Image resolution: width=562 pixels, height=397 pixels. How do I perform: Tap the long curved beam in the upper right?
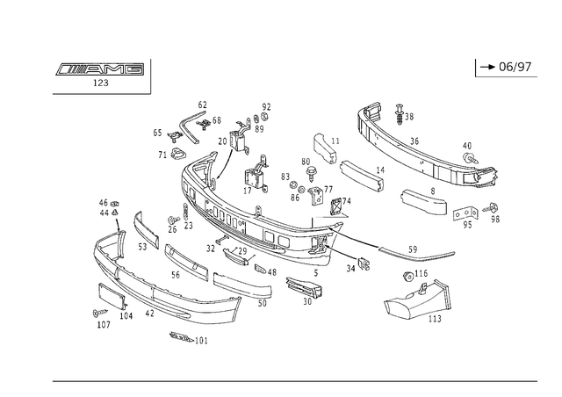tap(421, 149)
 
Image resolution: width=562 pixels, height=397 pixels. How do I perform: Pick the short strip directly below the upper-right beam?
tap(421, 203)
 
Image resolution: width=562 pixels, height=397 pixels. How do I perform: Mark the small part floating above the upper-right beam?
tap(402, 112)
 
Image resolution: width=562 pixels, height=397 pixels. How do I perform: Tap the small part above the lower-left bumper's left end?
tap(110, 209)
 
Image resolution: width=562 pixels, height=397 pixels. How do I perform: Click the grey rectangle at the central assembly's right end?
tap(316, 215)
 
